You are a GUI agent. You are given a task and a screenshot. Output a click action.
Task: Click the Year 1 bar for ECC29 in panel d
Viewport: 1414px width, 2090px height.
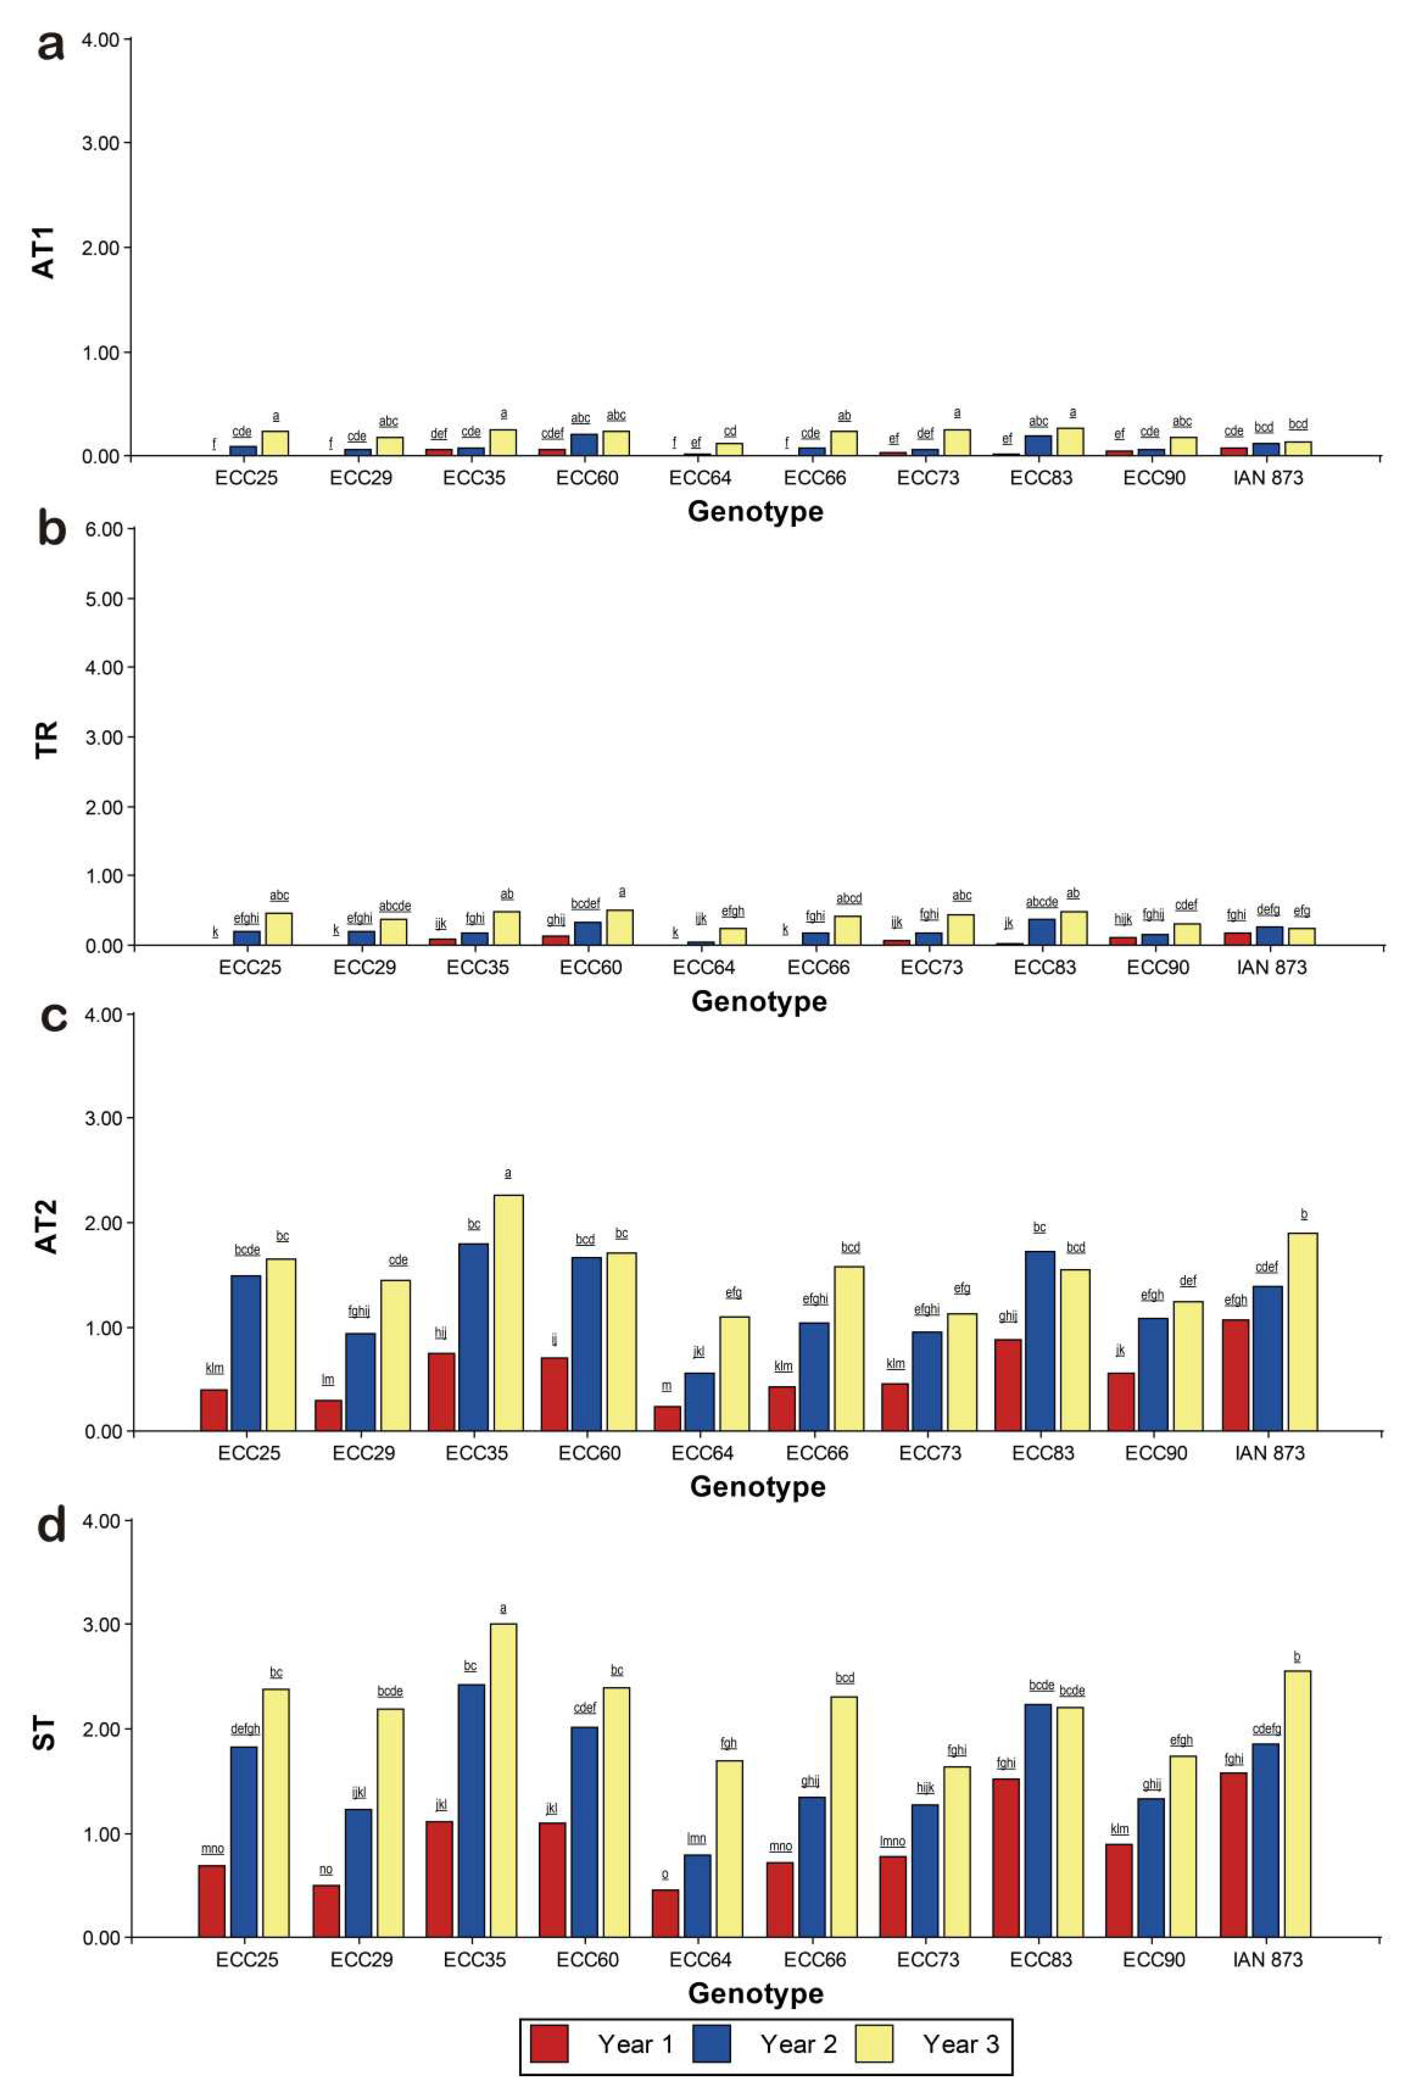(x=326, y=1910)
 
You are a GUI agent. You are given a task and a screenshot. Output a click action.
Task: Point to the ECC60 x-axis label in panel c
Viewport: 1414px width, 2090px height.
(x=589, y=1453)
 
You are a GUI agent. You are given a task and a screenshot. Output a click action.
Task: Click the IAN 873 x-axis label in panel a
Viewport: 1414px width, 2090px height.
(x=1267, y=477)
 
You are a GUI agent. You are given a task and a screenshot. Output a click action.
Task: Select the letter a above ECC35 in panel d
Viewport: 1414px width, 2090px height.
(x=503, y=1608)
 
